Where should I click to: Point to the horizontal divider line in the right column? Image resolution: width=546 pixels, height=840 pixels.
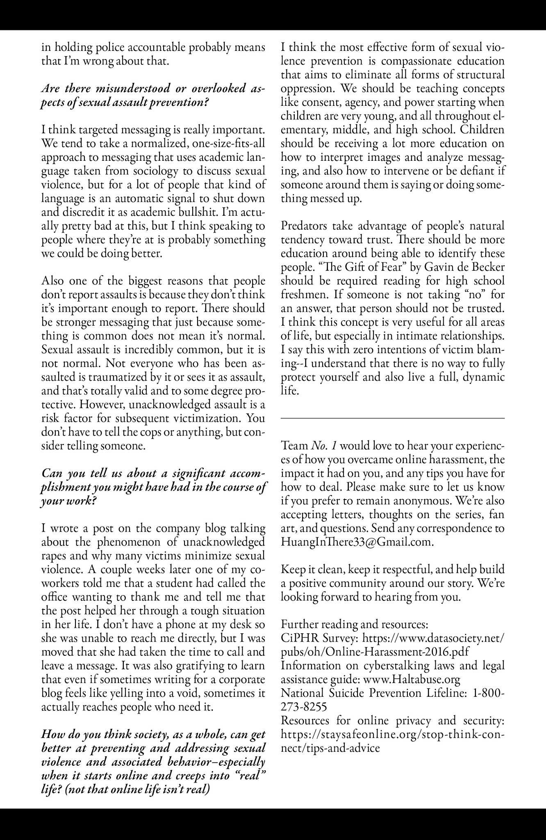pos(393,418)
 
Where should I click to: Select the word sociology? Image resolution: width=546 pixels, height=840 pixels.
pos(153,171)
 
